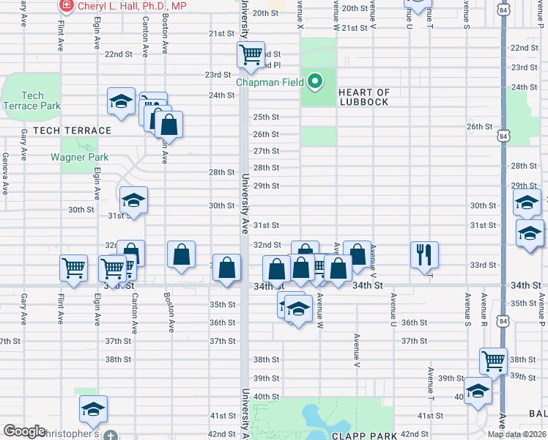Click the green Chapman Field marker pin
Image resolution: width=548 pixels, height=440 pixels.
coord(315,81)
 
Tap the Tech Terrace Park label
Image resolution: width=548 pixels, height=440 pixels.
coord(31,100)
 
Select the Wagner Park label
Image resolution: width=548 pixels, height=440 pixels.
coord(79,157)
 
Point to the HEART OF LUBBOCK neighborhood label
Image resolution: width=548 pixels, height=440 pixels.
coord(364,97)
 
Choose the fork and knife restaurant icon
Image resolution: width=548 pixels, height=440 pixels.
coord(424,255)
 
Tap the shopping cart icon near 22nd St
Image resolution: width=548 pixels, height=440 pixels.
coord(251,54)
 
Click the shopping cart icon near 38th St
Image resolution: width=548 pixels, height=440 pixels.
coord(494,360)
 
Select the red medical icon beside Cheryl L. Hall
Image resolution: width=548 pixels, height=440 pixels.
coord(66,5)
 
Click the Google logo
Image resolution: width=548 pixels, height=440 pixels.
coord(24,431)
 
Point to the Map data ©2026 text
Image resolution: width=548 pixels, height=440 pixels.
coord(517,434)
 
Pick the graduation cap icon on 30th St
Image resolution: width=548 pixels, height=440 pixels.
coord(133,199)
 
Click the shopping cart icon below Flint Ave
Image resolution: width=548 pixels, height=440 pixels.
coord(73,268)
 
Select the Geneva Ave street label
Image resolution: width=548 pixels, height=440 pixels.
coord(5,173)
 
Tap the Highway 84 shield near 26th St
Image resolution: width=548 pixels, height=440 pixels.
coord(502,136)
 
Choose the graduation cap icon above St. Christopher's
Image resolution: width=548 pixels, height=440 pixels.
coord(93,409)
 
